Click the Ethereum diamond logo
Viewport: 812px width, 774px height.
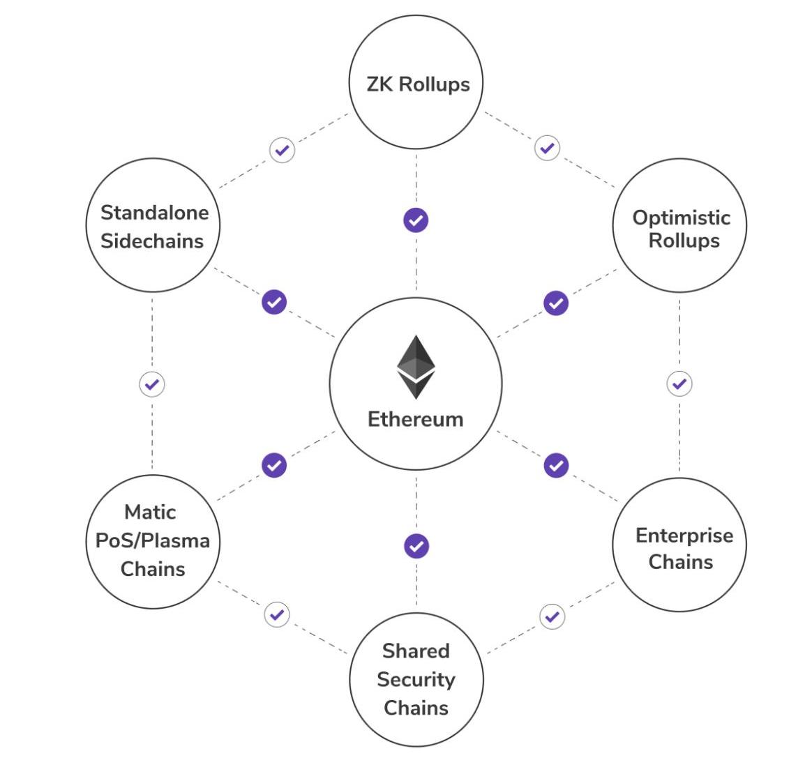coord(416,367)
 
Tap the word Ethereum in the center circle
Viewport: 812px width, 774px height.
coord(415,419)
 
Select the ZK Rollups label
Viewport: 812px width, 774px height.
coord(418,84)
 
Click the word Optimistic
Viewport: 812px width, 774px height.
coord(681,218)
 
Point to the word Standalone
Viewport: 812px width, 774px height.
coord(154,212)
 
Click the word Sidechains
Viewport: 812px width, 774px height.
coord(152,241)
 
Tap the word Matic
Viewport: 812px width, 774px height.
coord(150,512)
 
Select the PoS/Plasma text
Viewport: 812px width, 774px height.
coord(152,540)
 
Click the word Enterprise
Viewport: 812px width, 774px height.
coord(684,536)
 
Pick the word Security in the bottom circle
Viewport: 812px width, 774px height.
coord(416,679)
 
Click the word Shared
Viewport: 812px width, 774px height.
coord(416,651)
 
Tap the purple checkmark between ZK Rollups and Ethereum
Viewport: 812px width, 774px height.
coord(416,220)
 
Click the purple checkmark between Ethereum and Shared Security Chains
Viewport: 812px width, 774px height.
coord(416,546)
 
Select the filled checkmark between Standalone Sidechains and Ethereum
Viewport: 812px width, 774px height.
coord(274,302)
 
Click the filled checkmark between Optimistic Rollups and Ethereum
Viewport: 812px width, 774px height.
coord(556,303)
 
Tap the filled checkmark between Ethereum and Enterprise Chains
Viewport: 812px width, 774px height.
coord(556,465)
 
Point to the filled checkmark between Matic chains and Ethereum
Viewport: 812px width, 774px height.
coord(274,465)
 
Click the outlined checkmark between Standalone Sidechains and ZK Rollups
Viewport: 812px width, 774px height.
coord(282,150)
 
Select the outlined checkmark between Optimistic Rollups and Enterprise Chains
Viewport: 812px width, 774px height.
coord(679,384)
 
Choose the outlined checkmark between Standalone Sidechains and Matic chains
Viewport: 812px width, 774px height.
coord(152,384)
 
